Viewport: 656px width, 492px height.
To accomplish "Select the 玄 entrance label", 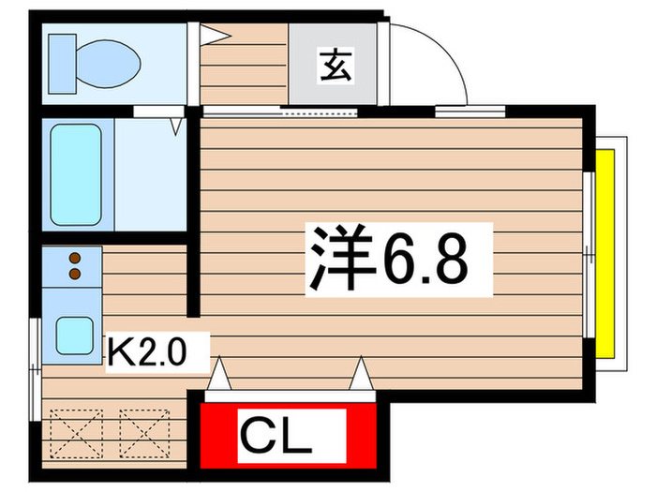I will tap(336, 68).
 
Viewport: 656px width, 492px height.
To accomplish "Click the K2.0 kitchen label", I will tap(150, 353).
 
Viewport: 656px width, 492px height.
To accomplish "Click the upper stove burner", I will tap(72, 258).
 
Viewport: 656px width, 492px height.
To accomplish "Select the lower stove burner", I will tap(72, 274).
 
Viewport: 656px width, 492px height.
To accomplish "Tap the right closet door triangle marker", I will tap(360, 376).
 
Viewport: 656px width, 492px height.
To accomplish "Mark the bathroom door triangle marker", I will tap(176, 125).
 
